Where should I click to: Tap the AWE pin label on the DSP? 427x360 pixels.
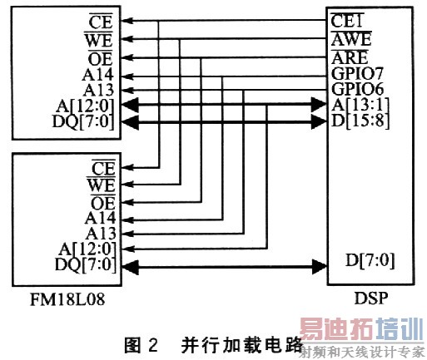350,38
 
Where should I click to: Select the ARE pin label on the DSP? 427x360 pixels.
349,57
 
